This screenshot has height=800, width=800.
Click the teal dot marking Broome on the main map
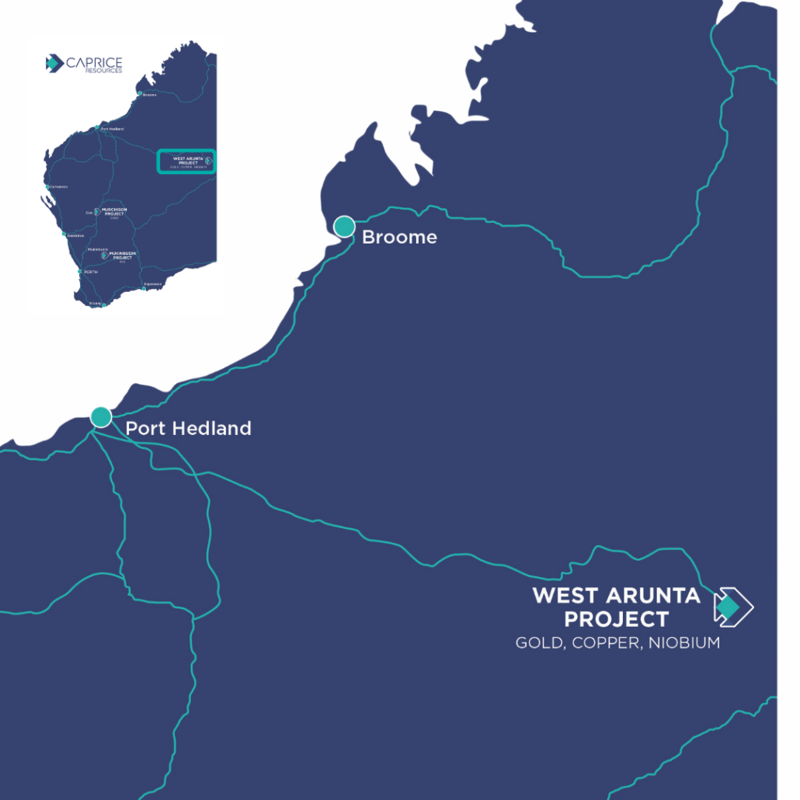pos(344,227)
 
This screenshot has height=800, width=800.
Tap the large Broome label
pos(399,237)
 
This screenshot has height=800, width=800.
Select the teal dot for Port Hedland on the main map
pos(101,417)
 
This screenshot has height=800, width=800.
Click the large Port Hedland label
pos(188,428)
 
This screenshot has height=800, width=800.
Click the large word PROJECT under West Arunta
pos(616,619)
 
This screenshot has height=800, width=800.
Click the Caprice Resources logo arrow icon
pos(54,64)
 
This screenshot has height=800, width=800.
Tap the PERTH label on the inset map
pos(91,273)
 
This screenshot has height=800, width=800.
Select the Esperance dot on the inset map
pos(143,289)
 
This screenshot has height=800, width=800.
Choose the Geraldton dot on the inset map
pos(64,234)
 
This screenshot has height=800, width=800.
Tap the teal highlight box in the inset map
pos(186,161)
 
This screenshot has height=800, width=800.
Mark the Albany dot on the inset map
pos(103,304)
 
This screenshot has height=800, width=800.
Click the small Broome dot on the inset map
pos(140,94)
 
